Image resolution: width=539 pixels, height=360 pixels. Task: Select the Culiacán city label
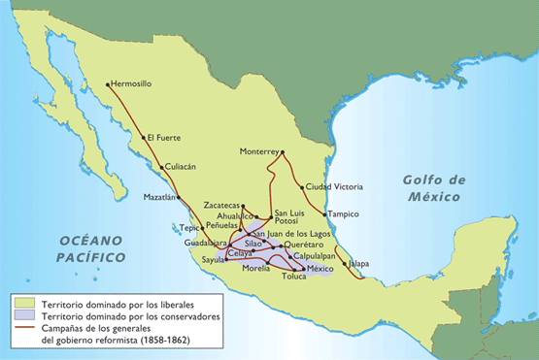181,167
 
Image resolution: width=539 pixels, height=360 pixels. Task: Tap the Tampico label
344,214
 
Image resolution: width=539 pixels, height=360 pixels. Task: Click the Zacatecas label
222,206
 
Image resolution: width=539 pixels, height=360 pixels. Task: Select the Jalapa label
359,263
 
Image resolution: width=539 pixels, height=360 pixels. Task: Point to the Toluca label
293,277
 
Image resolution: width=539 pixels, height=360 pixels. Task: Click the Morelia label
255,268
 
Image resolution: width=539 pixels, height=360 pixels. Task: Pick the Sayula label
212,261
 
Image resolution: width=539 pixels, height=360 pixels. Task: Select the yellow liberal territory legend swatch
22,304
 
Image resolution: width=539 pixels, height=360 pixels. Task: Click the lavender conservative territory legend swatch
22,316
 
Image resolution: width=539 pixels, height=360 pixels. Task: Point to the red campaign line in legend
22,329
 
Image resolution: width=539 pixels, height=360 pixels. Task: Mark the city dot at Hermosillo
108,84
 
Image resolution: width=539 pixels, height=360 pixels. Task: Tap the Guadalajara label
205,244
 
